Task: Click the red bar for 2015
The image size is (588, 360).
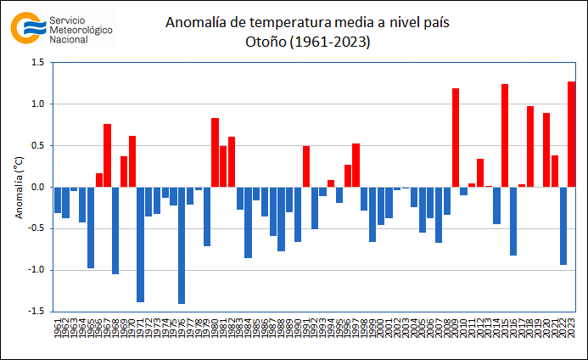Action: point(505,135)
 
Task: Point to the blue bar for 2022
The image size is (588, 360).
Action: point(563,225)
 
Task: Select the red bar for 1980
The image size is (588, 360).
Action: point(215,152)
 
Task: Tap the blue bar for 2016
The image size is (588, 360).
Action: point(513,221)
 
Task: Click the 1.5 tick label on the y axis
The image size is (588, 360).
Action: point(38,63)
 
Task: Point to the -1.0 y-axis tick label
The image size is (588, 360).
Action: point(36,270)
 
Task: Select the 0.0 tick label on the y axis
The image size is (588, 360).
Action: point(38,187)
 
